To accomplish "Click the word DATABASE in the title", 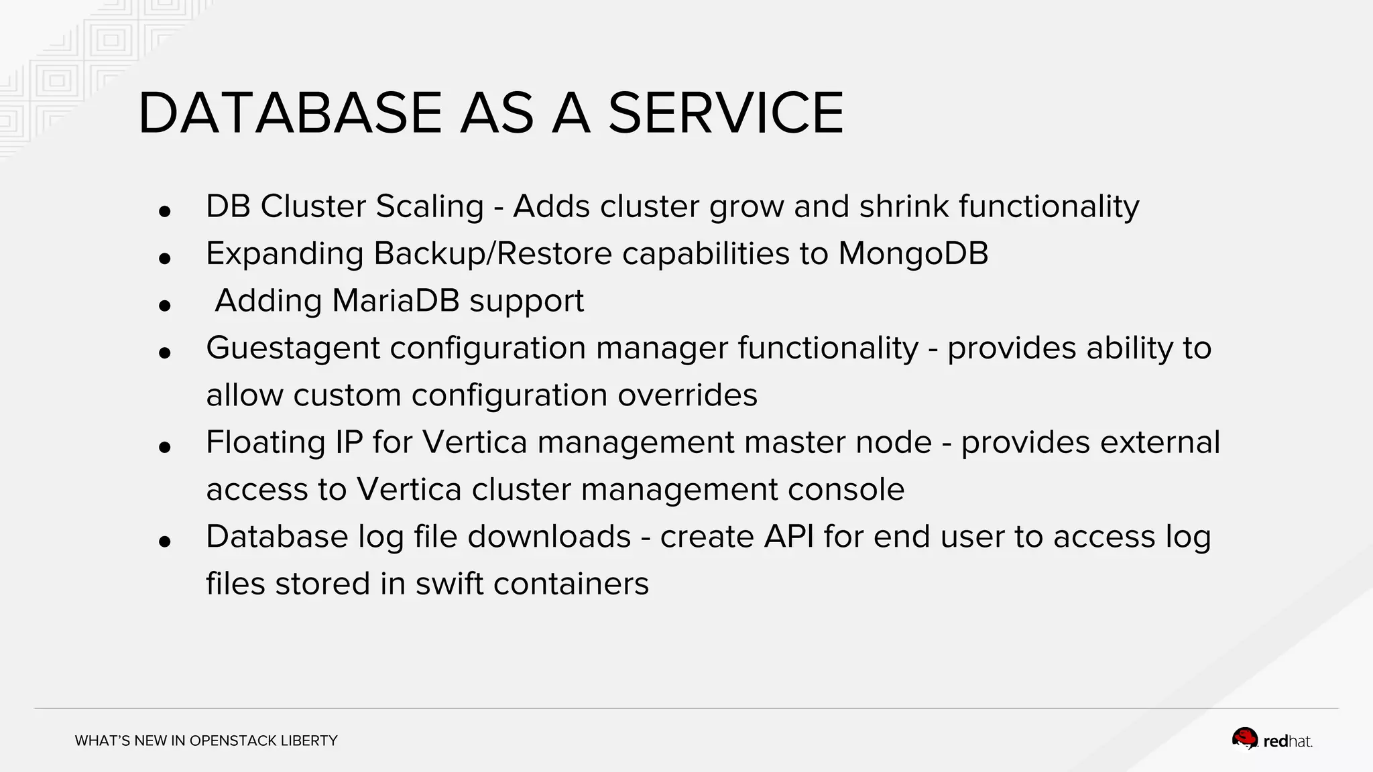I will click(289, 113).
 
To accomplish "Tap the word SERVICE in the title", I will click(725, 113).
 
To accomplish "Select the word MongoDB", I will click(913, 253).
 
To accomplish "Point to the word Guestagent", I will click(293, 348).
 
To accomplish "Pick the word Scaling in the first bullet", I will click(429, 206).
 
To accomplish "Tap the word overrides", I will click(687, 395).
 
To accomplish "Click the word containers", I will click(571, 584).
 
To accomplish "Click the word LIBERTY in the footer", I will click(309, 741).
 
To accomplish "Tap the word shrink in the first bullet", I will click(904, 206).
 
